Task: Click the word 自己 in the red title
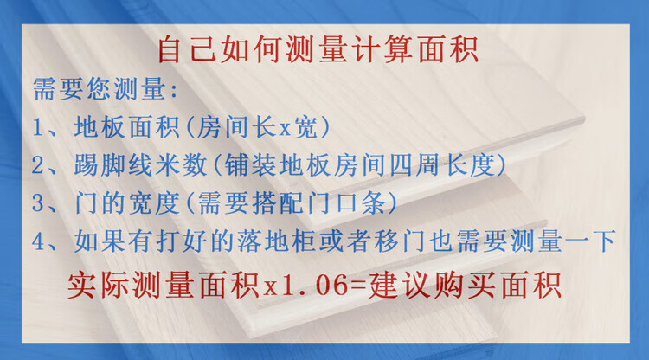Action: point(188,49)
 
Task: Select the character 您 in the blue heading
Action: point(99,88)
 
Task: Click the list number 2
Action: point(38,165)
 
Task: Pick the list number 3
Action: point(38,203)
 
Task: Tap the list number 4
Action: point(38,241)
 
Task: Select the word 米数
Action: point(181,165)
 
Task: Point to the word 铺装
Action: point(250,165)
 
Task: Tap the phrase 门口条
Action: point(346,203)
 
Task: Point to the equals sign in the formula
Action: point(359,286)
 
